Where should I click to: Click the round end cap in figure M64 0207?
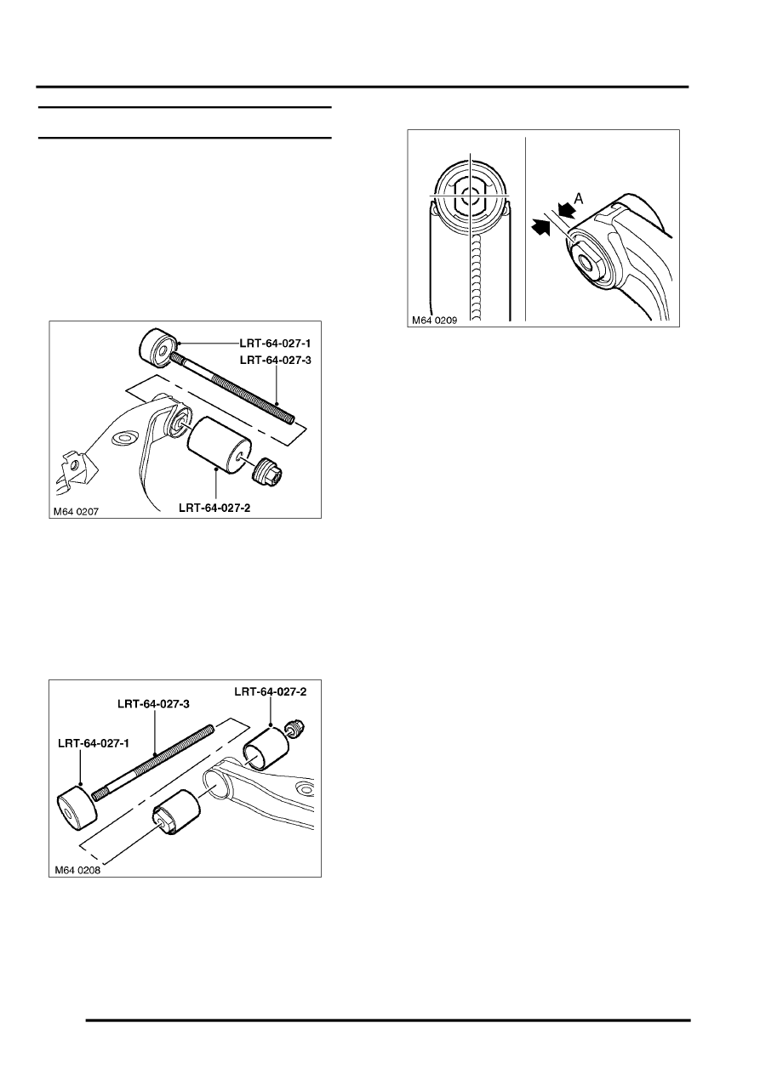pyautogui.click(x=156, y=346)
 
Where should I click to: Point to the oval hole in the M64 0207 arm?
pyautogui.click(x=122, y=438)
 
